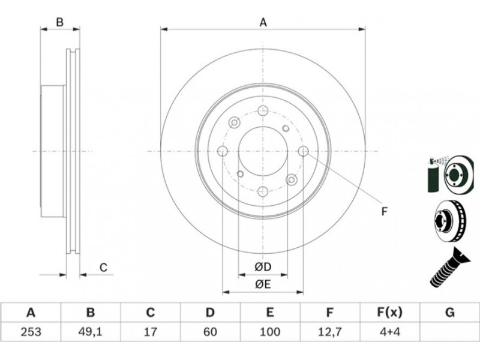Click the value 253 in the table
31,332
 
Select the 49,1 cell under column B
91,332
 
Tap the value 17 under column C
151,332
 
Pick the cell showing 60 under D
210,332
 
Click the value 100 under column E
269,332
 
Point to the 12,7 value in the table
329,332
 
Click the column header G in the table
449,313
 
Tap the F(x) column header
389,313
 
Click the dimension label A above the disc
263,23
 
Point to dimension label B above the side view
60,22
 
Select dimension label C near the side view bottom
103,268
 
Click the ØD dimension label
263,267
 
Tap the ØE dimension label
263,284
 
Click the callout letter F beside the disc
385,211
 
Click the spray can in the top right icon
433,175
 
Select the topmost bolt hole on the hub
263,110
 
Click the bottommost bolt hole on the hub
263,191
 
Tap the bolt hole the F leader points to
304,151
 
